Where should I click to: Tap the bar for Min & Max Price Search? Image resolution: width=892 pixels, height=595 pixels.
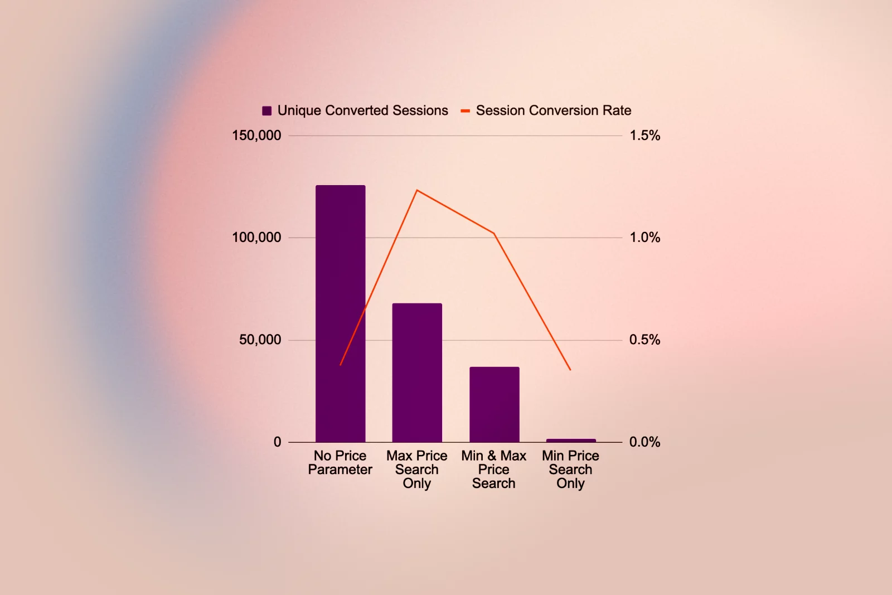(x=494, y=404)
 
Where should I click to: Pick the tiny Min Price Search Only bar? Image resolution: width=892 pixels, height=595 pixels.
(x=571, y=441)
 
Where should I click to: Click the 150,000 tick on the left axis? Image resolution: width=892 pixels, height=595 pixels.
(x=256, y=136)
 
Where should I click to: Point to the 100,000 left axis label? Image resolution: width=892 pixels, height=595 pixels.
(x=256, y=238)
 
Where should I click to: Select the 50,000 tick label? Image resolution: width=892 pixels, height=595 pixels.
(x=260, y=340)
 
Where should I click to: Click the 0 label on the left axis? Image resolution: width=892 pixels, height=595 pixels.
(x=277, y=442)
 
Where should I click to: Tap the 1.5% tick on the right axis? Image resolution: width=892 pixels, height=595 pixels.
(x=644, y=136)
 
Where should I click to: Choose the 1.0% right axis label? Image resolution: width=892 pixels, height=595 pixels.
(x=644, y=238)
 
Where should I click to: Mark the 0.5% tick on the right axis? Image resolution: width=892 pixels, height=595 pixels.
(x=644, y=340)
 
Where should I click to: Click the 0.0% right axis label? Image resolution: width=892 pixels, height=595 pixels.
(x=644, y=442)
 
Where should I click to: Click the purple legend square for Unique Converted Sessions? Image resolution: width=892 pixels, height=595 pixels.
(x=267, y=111)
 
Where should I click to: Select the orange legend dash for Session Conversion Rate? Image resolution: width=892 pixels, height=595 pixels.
(x=465, y=111)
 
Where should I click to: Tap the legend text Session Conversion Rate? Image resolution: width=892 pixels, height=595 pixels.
(x=553, y=110)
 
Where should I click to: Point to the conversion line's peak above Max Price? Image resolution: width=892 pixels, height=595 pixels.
(x=417, y=191)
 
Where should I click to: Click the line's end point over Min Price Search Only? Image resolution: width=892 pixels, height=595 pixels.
(x=570, y=370)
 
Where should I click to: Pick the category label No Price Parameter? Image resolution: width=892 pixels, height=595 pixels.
(x=340, y=463)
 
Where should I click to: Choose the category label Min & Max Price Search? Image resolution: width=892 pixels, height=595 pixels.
(x=494, y=470)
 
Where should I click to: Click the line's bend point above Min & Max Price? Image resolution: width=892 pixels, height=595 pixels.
(x=494, y=233)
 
